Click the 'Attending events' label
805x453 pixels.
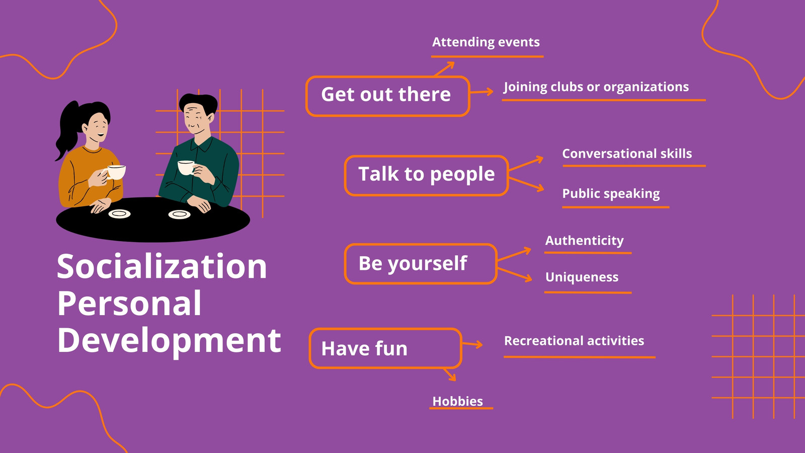coord(486,42)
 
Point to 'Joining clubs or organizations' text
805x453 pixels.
coord(596,87)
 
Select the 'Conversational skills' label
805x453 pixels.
coord(627,154)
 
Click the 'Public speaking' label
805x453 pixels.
coord(611,194)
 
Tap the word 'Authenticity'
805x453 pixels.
coord(584,241)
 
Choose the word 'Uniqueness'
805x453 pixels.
coord(582,277)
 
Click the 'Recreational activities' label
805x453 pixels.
coord(574,340)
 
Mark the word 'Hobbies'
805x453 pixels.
coord(457,401)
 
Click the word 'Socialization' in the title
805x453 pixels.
coord(162,266)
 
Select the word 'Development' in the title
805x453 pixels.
coord(169,341)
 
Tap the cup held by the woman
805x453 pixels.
coord(116,172)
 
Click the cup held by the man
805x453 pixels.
coord(186,168)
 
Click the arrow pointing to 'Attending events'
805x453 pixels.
coord(444,68)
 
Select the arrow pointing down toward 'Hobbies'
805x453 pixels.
coord(450,374)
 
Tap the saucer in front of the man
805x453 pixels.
coord(179,214)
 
